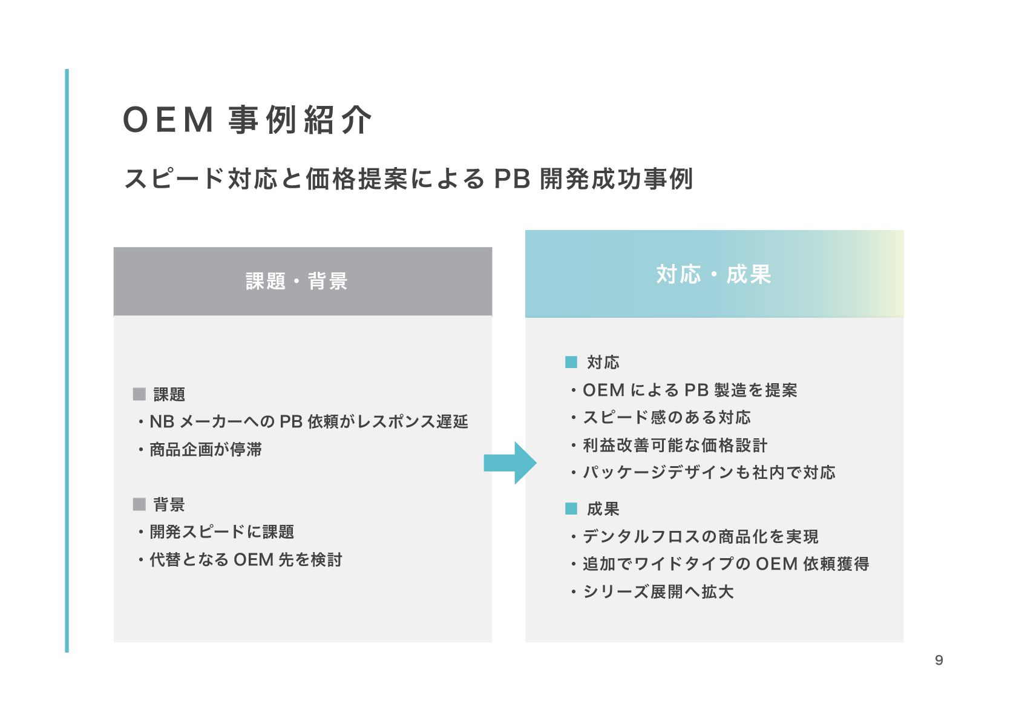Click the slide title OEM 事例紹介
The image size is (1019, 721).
(247, 120)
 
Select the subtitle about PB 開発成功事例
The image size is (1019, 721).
(408, 179)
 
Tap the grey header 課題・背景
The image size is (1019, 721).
(297, 281)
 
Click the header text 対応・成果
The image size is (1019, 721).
(713, 275)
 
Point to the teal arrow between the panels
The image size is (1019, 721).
(510, 463)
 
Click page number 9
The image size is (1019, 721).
(939, 660)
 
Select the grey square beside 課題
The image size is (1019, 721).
(139, 395)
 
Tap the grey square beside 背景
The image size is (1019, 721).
(139, 504)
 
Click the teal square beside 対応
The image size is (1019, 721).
(571, 363)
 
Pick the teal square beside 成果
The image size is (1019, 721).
(571, 509)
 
